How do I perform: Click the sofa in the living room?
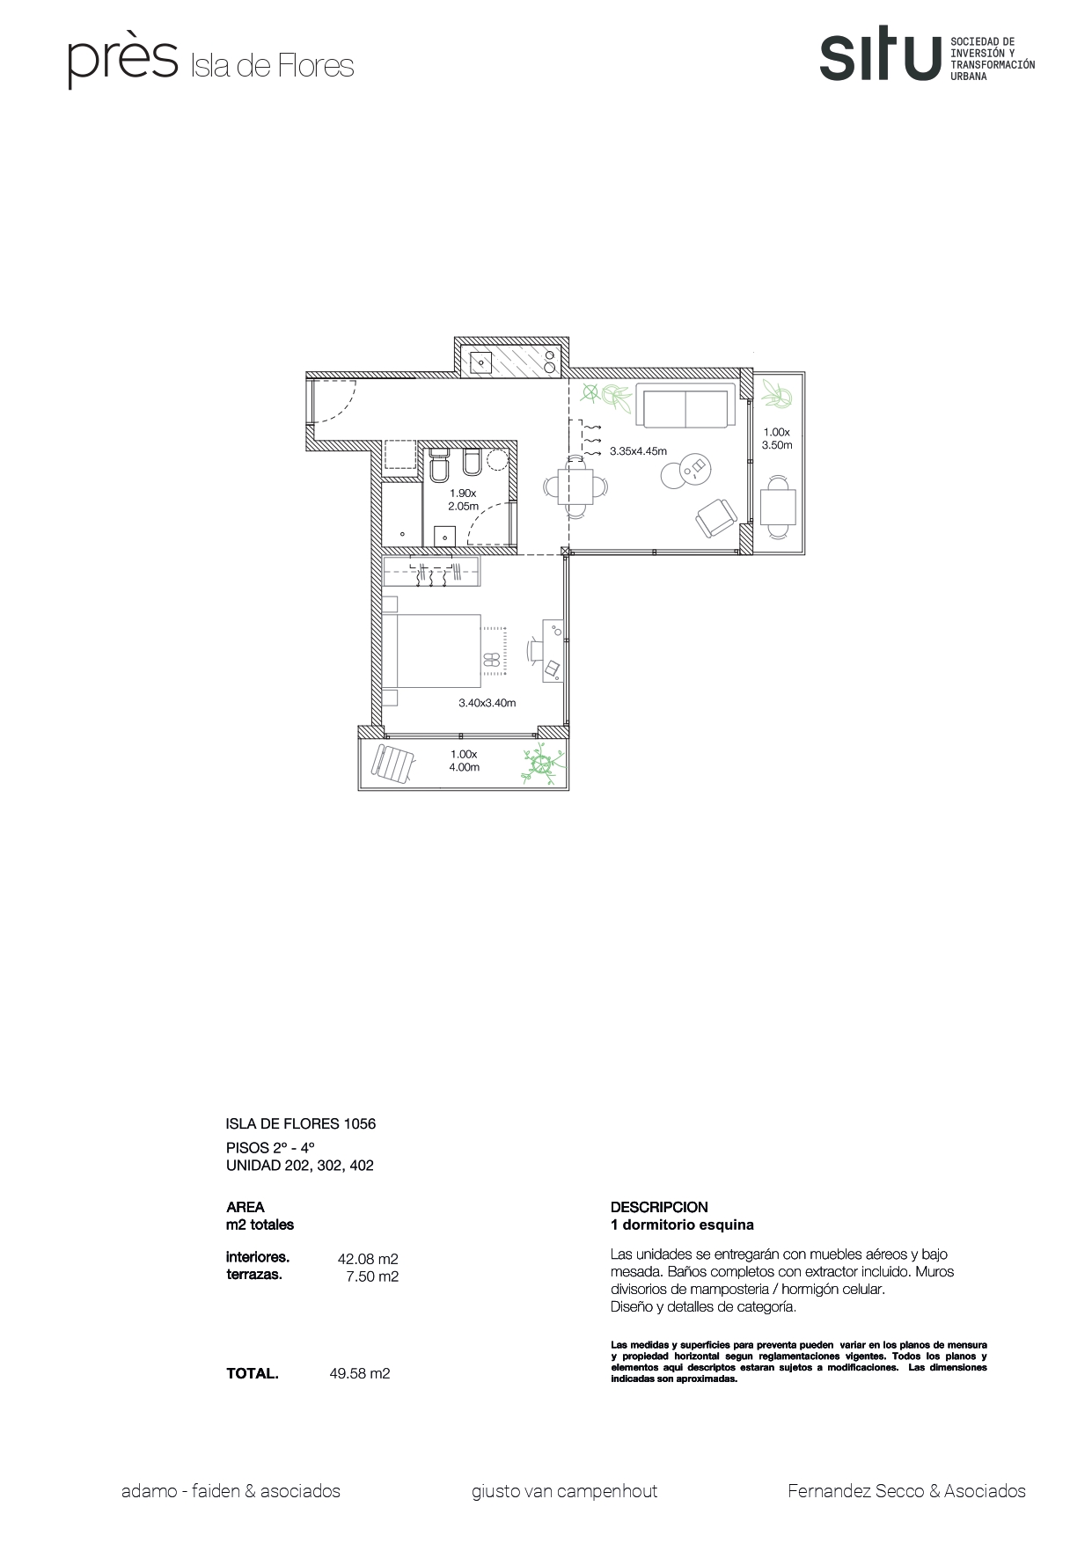tap(685, 407)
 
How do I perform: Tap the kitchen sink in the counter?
tap(481, 361)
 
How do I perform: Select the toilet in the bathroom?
tap(440, 464)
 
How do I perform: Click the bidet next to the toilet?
tap(470, 464)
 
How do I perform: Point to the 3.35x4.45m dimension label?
tap(638, 451)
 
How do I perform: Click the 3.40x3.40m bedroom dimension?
tap(487, 703)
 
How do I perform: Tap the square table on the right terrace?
tap(777, 508)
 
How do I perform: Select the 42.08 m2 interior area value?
tap(368, 1259)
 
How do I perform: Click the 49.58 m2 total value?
tap(359, 1373)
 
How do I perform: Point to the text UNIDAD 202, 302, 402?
tap(300, 1166)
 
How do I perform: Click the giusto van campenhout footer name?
tap(564, 1491)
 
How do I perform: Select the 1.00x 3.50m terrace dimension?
tap(777, 438)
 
